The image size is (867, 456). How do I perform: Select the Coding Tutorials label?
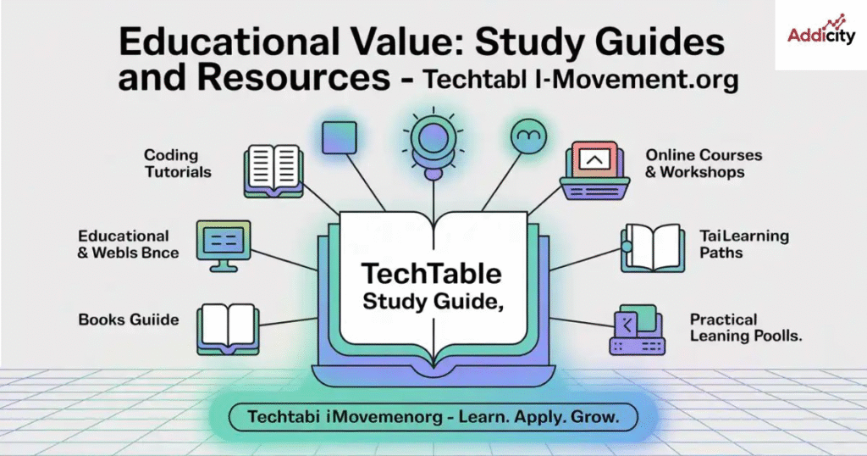pyautogui.click(x=178, y=164)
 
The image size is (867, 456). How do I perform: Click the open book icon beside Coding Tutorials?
pyautogui.click(x=273, y=171)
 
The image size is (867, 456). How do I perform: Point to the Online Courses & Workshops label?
pyautogui.click(x=704, y=164)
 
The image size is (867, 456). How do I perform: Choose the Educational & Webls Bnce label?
pyautogui.click(x=129, y=244)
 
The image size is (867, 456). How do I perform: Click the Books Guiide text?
pyautogui.click(x=129, y=320)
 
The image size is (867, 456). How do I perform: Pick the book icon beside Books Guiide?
pyautogui.click(x=228, y=329)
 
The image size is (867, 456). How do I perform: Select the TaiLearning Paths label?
pyautogui.click(x=744, y=244)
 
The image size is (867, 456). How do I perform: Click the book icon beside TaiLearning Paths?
pyautogui.click(x=653, y=247)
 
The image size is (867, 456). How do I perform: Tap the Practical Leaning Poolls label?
pyautogui.click(x=746, y=328)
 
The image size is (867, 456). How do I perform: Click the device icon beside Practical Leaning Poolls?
pyautogui.click(x=637, y=330)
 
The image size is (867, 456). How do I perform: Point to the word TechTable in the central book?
pyautogui.click(x=431, y=274)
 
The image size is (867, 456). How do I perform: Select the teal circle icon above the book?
pyautogui.click(x=528, y=136)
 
